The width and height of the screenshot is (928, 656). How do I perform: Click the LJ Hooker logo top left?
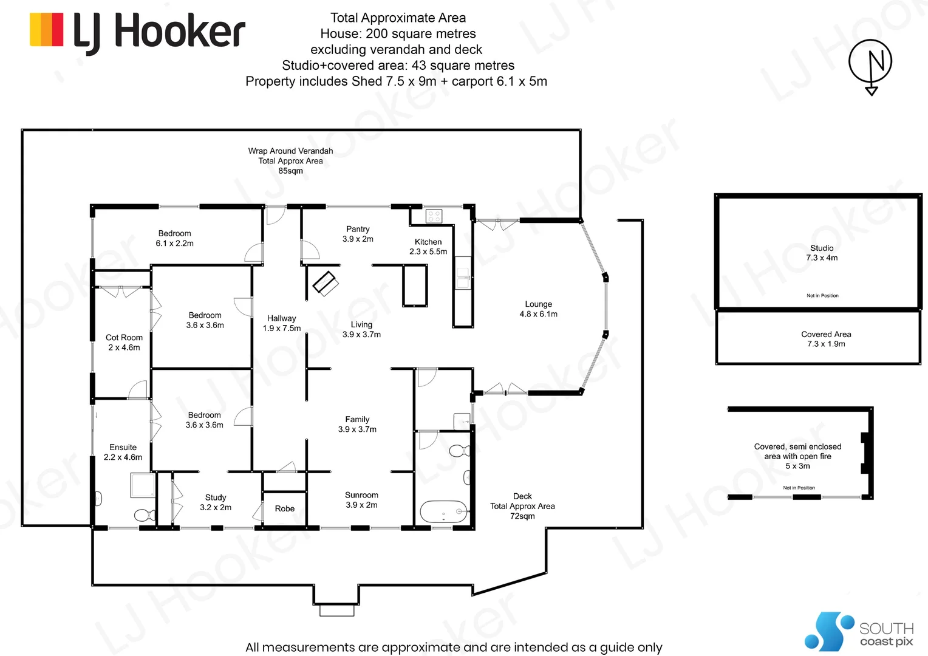click(x=137, y=31)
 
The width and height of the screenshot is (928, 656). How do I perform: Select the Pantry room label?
click(x=358, y=234)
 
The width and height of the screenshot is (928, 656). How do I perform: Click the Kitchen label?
click(x=428, y=247)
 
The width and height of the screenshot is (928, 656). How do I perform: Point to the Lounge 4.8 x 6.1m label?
click(x=538, y=309)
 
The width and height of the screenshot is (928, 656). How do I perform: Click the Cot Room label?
click(x=124, y=343)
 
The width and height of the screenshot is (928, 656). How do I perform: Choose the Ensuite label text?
click(x=123, y=452)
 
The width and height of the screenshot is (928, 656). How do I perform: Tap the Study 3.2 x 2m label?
click(x=216, y=502)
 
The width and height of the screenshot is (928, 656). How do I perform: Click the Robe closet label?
click(x=284, y=509)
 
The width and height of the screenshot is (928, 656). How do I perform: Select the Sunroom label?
click(x=361, y=500)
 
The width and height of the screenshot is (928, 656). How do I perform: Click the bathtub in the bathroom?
click(x=443, y=512)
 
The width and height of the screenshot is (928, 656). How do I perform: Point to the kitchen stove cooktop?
click(x=434, y=216)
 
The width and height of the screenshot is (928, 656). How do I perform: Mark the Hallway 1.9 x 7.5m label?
click(x=282, y=323)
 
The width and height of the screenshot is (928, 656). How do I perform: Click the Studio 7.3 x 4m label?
click(x=822, y=253)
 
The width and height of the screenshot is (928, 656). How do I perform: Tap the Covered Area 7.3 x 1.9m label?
click(x=826, y=339)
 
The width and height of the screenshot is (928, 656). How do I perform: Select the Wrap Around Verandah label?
click(x=290, y=161)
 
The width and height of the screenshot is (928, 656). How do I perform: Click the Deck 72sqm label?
click(x=522, y=506)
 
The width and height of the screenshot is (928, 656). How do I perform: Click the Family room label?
click(x=357, y=424)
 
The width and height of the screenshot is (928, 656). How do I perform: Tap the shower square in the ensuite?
click(x=143, y=485)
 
